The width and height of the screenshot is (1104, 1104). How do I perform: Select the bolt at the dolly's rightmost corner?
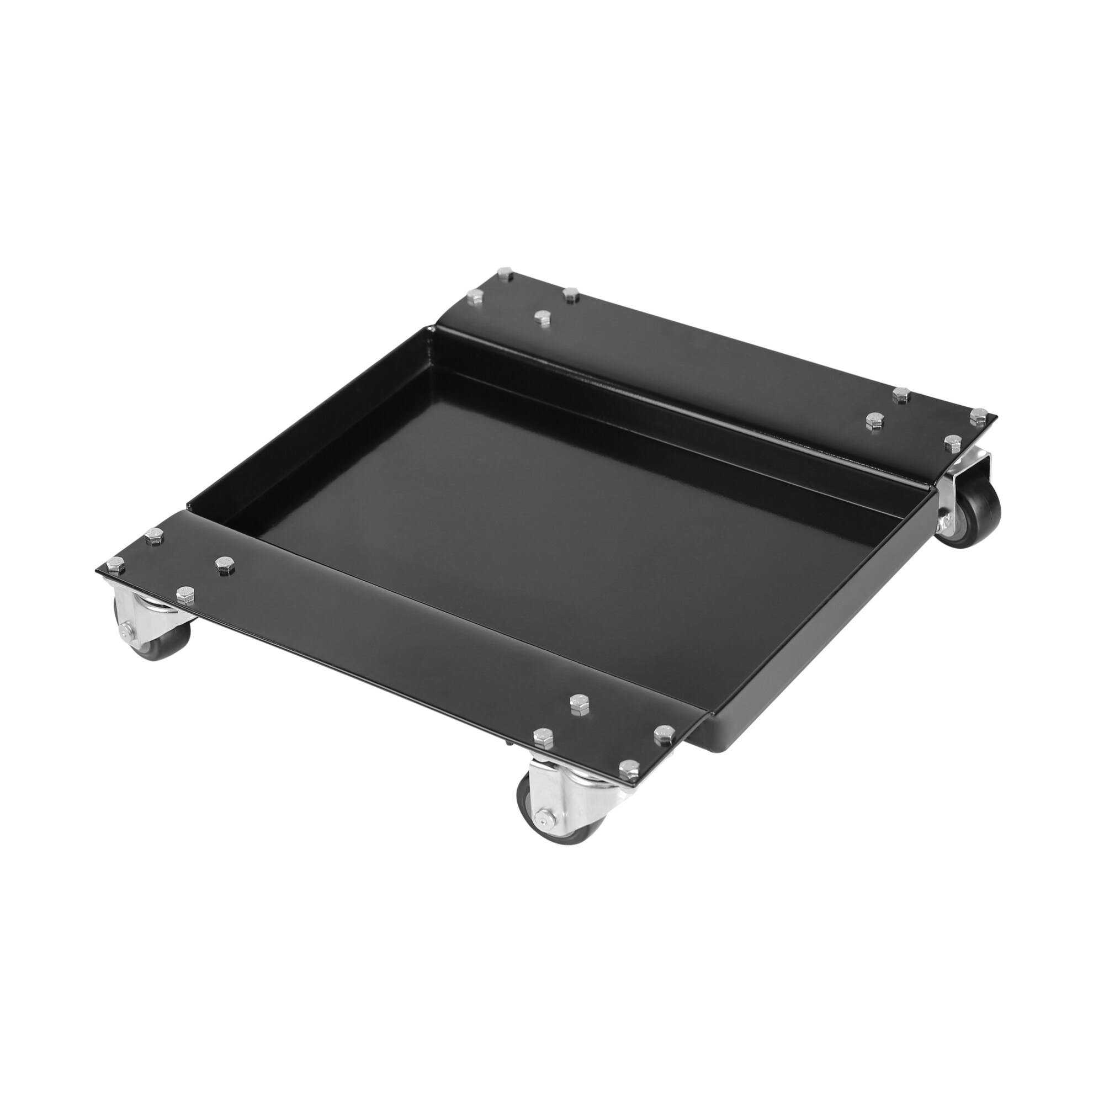click(x=978, y=415)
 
